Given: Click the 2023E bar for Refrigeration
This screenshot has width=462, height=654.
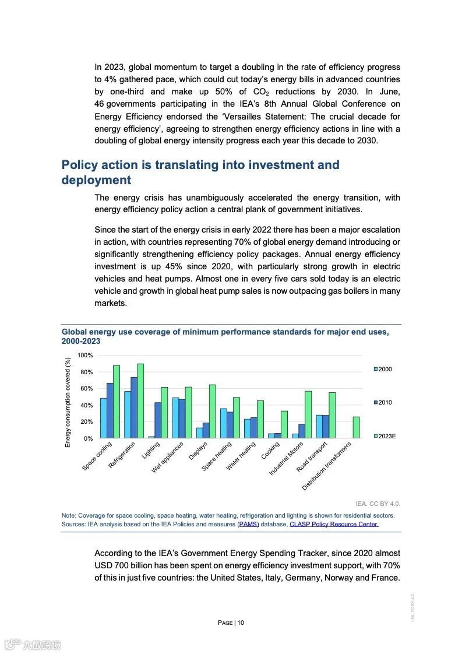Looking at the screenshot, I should pos(140,401).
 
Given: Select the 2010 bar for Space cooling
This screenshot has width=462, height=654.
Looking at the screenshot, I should pos(110,410).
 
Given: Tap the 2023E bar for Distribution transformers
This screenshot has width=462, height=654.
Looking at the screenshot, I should pos(357,427).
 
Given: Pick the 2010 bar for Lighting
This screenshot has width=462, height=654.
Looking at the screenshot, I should pos(158,420).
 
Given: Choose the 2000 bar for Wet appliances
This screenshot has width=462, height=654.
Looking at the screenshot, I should pos(175,418).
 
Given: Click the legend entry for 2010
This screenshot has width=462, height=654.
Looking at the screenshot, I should pos(383,403).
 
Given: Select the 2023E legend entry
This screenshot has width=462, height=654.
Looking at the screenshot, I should pos(385,436).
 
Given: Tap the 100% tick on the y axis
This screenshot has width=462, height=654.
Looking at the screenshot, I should pos(85,356).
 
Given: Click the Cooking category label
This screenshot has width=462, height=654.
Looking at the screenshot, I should pos(271,451).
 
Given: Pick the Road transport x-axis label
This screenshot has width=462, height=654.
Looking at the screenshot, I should pos(312,456).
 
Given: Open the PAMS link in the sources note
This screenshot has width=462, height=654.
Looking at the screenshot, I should pos(248,524).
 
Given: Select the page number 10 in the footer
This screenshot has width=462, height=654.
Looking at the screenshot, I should pos(241,623).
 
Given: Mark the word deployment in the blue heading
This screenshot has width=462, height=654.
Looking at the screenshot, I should pos(96,180).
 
